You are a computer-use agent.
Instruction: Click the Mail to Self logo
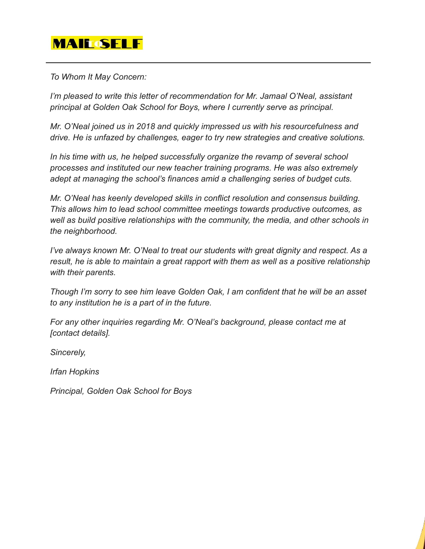click(x=97, y=43)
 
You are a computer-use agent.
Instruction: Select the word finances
click(x=183, y=179)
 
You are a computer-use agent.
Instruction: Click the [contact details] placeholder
click(x=80, y=333)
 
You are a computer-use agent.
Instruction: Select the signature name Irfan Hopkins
click(x=74, y=372)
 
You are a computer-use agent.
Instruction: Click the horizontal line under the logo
click(x=208, y=63)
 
